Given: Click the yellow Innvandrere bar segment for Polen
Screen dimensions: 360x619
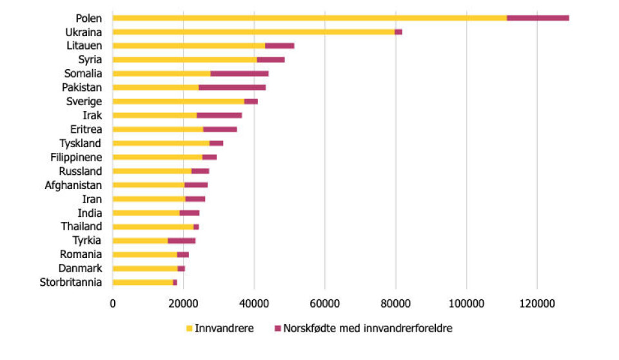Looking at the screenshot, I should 309,17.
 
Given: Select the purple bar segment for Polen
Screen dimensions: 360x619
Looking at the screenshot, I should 538,17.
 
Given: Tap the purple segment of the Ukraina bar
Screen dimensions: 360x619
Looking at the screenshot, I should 398,32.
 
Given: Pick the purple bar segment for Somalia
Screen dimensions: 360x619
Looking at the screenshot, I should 239,74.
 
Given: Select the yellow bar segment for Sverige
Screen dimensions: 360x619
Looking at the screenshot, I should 179,101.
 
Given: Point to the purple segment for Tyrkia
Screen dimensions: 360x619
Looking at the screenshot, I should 181,241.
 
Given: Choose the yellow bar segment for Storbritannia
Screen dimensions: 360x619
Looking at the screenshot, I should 142,283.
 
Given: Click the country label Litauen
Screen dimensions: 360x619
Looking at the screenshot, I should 84,45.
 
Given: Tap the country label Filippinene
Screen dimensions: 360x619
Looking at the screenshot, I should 76,157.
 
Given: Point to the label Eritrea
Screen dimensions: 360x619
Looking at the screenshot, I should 84,129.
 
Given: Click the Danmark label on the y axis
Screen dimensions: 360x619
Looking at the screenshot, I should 81,268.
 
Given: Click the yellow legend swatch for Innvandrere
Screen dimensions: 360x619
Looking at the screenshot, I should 189,328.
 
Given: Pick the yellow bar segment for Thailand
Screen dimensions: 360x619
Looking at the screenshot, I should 153,227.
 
